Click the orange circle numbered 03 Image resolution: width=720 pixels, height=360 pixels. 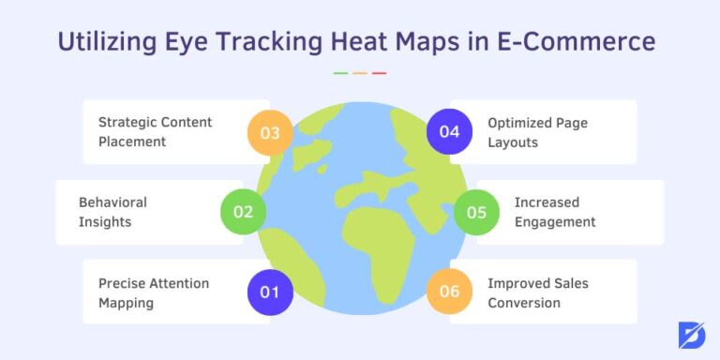click(x=270, y=132)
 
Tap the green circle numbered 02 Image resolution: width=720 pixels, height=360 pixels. click(x=243, y=212)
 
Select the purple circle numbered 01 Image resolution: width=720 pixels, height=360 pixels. click(x=270, y=292)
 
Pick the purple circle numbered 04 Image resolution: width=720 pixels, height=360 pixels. click(x=449, y=132)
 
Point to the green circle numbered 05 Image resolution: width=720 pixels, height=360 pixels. click(x=476, y=212)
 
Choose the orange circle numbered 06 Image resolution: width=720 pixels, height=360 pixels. click(x=449, y=292)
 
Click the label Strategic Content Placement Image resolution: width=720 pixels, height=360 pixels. click(x=156, y=132)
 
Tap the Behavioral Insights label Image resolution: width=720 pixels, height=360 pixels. click(x=112, y=212)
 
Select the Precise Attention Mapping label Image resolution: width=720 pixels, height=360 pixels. click(x=154, y=292)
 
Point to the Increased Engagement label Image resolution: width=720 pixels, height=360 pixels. click(x=555, y=212)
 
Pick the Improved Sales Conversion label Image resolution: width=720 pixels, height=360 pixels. click(x=537, y=292)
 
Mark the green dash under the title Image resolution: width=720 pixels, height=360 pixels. click(x=340, y=72)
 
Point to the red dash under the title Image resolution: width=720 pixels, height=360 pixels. click(x=379, y=72)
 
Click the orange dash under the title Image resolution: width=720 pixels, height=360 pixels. click(x=360, y=72)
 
